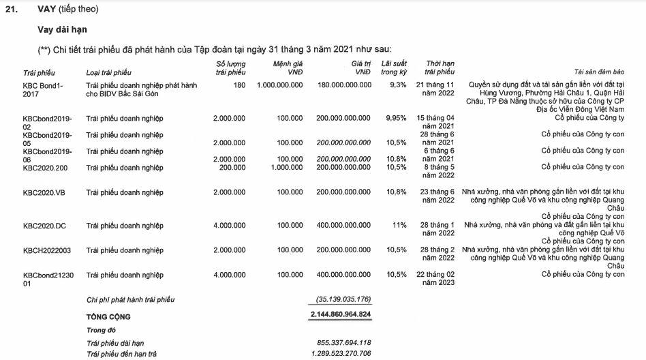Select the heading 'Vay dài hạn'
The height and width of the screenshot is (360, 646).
62,30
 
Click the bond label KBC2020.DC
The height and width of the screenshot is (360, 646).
45,225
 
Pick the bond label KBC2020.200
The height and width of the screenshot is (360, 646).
46,167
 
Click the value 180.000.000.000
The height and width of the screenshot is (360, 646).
344,85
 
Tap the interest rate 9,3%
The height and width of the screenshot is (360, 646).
398,85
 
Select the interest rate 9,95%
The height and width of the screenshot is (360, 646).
396,118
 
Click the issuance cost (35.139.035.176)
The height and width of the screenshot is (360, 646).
343,299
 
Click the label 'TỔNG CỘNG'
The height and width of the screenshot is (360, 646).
108,317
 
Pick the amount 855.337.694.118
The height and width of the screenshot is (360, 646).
343,342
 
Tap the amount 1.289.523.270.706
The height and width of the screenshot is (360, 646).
339,354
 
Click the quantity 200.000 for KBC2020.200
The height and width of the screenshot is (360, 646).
232,167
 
